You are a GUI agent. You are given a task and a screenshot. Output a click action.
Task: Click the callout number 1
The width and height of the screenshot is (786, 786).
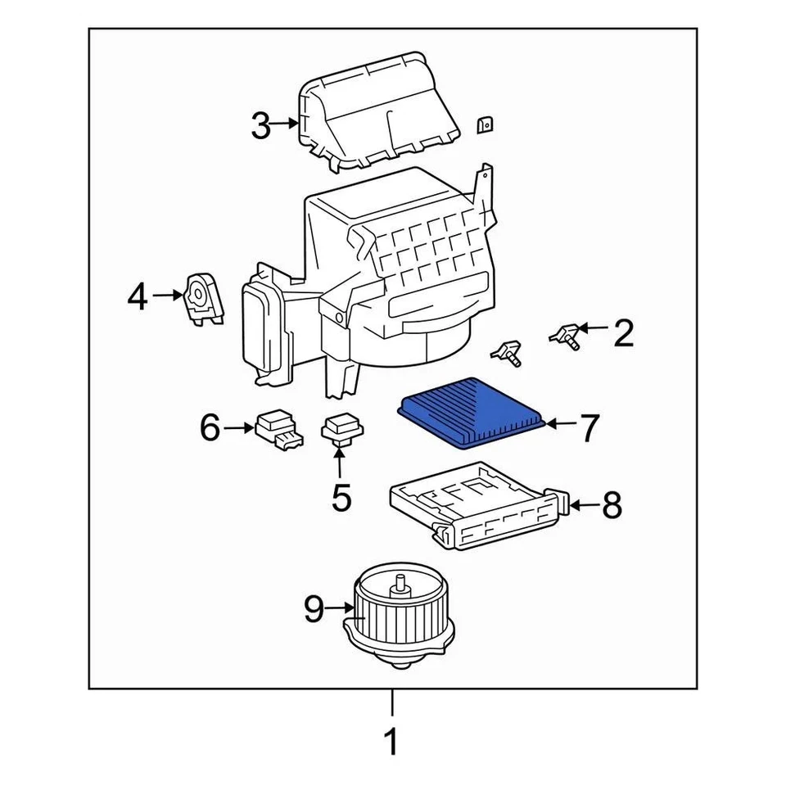tap(391, 742)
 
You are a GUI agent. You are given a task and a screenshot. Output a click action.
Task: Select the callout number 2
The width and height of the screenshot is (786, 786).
tap(623, 333)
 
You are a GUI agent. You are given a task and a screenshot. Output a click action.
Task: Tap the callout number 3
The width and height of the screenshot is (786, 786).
tap(260, 127)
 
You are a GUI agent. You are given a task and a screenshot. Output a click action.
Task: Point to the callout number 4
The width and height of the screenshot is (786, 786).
tap(138, 296)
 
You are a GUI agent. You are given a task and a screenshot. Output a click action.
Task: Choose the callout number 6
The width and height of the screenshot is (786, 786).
tap(210, 427)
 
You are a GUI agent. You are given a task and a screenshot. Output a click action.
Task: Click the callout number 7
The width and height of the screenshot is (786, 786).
tap(589, 427)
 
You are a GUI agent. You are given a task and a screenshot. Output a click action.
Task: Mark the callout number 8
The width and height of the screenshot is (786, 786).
tap(612, 506)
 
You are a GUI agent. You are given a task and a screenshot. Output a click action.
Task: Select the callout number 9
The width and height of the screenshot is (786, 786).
tap(314, 608)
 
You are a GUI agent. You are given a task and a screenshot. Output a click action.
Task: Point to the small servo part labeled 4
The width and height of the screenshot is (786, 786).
tap(202, 299)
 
